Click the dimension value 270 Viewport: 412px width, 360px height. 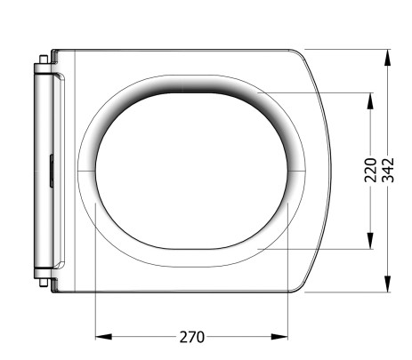(x=191, y=337)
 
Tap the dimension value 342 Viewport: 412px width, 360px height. (x=388, y=170)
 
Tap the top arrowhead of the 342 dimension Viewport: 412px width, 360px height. (x=388, y=56)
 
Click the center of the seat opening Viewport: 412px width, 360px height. (x=191, y=170)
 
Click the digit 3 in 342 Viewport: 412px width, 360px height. (x=388, y=181)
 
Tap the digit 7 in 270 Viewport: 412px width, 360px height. (x=191, y=337)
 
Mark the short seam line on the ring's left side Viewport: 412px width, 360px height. (x=86, y=170)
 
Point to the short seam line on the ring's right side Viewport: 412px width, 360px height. (x=298, y=170)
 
